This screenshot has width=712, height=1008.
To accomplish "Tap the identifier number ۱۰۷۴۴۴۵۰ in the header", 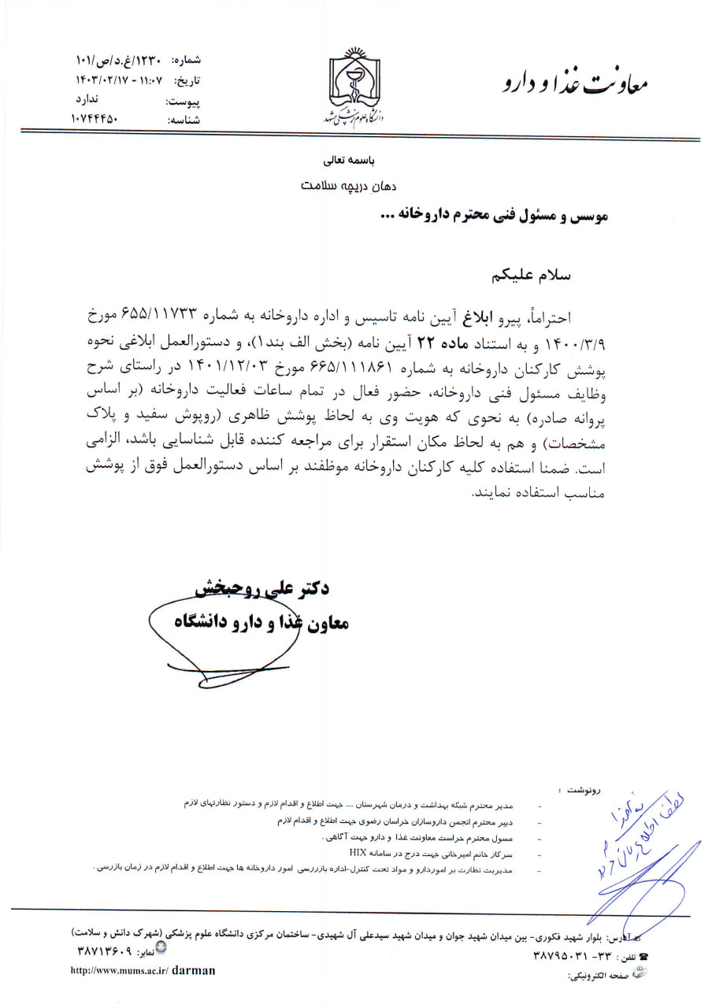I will [94, 119].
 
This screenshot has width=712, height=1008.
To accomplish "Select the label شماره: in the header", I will [186, 59].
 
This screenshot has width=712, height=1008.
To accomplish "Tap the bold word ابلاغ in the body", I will [498, 317].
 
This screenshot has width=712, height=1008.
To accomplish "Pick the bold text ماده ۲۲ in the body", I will [423, 343].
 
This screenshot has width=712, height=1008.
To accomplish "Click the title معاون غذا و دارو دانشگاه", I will [261, 622].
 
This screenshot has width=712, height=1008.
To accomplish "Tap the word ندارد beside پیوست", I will [86, 99].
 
